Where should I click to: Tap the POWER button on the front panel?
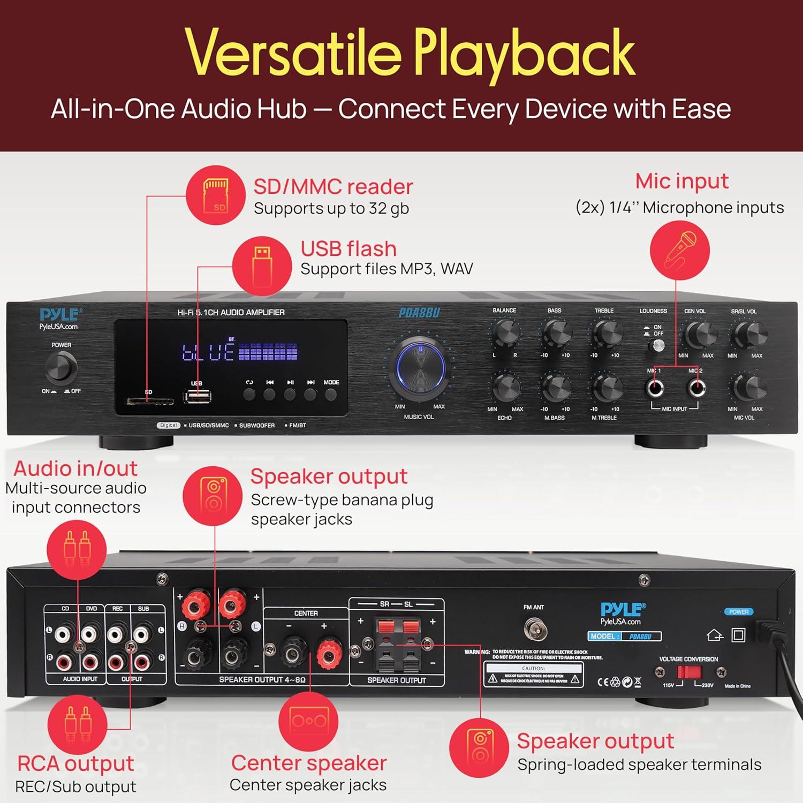[x=61, y=368]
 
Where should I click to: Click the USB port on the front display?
[x=197, y=397]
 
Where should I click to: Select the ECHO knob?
[x=505, y=388]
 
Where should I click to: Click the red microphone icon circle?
[x=679, y=251]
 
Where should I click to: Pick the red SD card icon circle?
[x=216, y=195]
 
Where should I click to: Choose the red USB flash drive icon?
[x=262, y=266]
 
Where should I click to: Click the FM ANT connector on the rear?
[x=534, y=629]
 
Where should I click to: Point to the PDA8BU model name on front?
[x=419, y=313]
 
